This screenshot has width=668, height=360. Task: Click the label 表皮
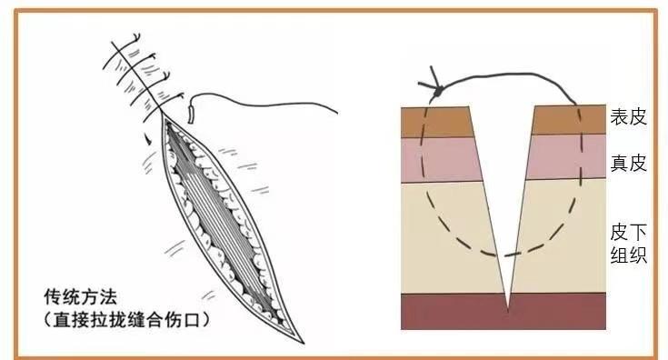tap(628, 116)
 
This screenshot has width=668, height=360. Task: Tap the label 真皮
tap(628, 164)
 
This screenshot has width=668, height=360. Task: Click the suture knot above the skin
tap(437, 91)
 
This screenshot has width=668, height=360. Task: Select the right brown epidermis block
tap(568, 120)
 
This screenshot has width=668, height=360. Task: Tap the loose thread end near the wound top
tap(191, 115)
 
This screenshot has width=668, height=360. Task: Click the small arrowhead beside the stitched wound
tap(146, 140)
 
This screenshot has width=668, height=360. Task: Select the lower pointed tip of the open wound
tap(299, 343)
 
